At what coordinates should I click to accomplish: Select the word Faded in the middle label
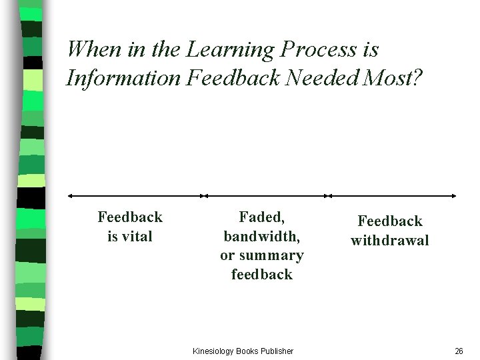261,217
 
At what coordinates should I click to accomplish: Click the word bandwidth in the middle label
261,236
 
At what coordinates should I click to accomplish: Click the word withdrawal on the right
390,240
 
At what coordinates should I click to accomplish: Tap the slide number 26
459,351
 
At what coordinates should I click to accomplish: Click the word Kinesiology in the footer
213,351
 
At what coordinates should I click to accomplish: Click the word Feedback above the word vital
130,217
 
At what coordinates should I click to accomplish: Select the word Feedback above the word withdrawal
390,221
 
